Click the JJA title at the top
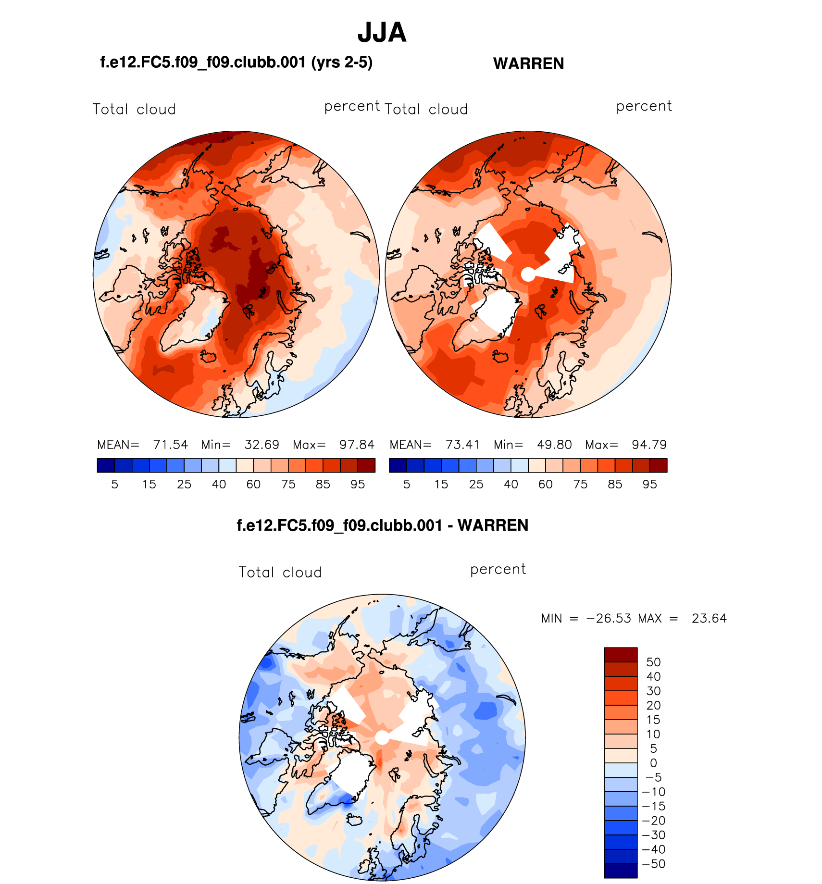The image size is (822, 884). tap(382, 33)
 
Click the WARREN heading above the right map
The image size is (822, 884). tap(528, 63)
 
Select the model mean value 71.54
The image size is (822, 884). tap(170, 445)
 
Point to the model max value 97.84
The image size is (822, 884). tap(357, 445)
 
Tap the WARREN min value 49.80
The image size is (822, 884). tap(554, 445)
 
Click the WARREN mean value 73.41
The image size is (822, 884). tap(462, 445)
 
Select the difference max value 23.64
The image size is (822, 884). tap(709, 618)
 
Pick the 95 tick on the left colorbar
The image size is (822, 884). tap(358, 484)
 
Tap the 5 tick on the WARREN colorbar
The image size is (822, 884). tap(407, 484)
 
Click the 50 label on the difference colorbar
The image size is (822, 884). tap(653, 662)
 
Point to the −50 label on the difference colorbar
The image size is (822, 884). tap(653, 864)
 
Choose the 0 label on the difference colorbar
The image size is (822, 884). tap(653, 763)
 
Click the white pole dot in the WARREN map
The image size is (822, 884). tap(528, 274)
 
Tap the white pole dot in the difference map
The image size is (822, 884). tap(382, 737)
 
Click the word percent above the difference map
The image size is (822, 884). tap(498, 569)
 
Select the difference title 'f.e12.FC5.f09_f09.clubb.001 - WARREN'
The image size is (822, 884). tap(382, 525)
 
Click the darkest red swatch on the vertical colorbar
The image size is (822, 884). tap(621, 655)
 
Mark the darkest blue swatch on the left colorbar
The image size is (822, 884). tap(106, 465)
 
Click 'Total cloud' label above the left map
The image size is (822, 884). tap(134, 109)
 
